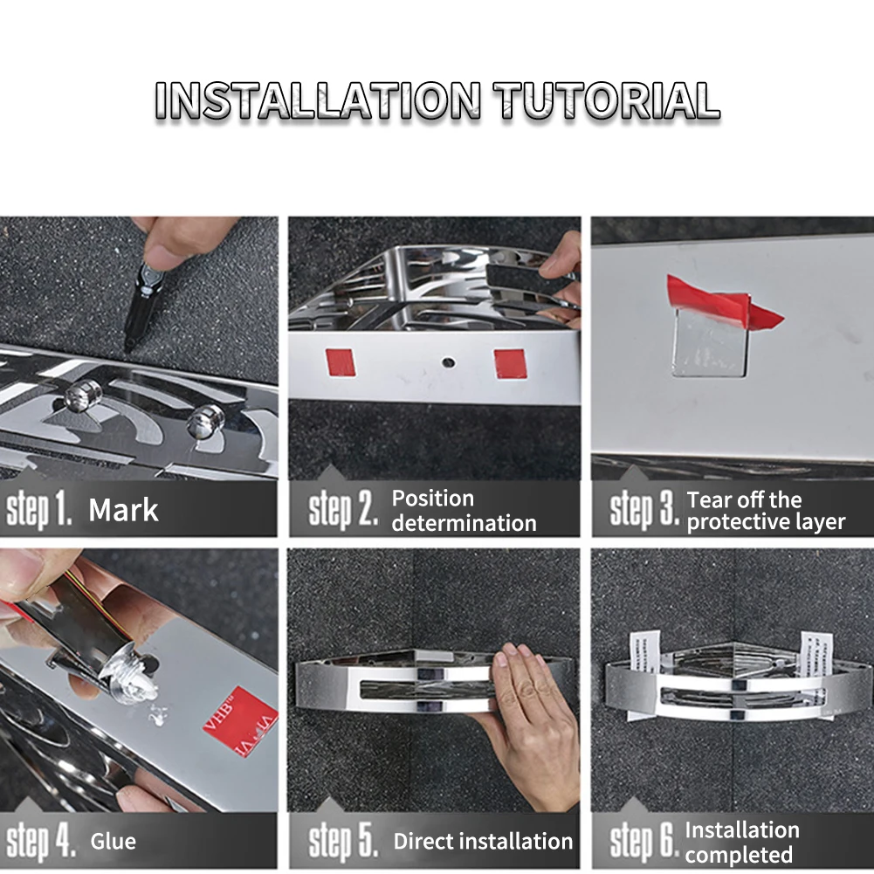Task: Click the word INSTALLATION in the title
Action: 317,100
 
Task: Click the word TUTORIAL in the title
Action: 607,100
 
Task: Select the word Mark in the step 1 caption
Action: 123,510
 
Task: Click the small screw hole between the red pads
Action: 448,363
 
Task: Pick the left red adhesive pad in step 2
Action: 341,362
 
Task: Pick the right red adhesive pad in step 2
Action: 511,363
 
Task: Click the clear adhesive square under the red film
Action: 709,346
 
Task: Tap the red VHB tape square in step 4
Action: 240,721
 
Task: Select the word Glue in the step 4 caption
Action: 114,841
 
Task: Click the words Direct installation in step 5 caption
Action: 483,841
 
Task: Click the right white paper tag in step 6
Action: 816,671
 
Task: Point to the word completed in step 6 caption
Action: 739,855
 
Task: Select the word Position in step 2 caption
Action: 433,499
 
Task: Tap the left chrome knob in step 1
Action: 83,396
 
